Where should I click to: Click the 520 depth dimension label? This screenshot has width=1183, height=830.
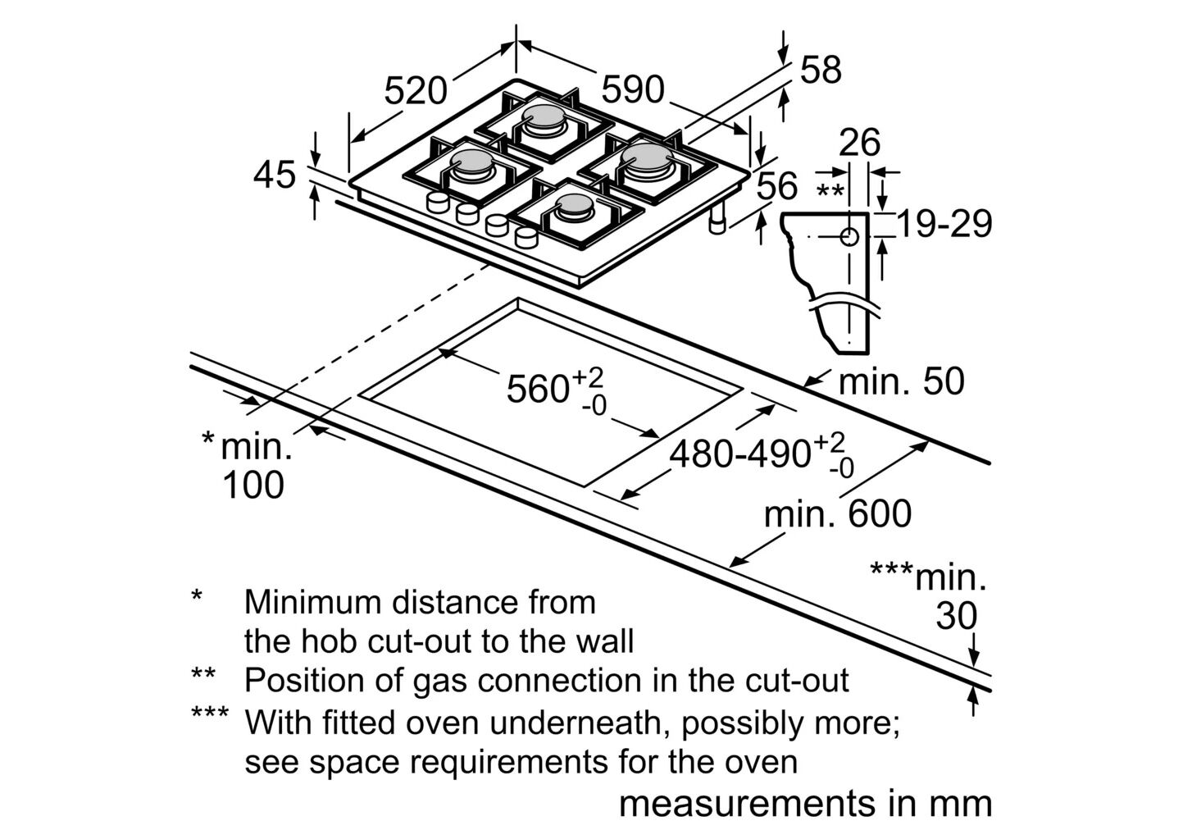pyautogui.click(x=416, y=90)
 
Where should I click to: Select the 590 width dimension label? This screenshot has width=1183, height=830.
pyautogui.click(x=632, y=89)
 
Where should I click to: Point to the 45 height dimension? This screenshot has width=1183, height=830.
pyautogui.click(x=274, y=175)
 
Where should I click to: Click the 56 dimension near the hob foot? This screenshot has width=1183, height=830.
pyautogui.click(x=776, y=186)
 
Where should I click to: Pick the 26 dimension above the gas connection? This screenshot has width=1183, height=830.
pyautogui.click(x=859, y=143)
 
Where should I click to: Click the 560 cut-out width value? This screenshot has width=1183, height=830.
pyautogui.click(x=538, y=389)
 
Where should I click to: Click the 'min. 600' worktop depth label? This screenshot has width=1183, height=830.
pyautogui.click(x=837, y=514)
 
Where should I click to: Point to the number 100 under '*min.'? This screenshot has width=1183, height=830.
pyautogui.click(x=253, y=485)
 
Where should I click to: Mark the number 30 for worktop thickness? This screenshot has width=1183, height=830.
pyautogui.click(x=957, y=616)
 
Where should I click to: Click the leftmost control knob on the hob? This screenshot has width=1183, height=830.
pyautogui.click(x=437, y=203)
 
